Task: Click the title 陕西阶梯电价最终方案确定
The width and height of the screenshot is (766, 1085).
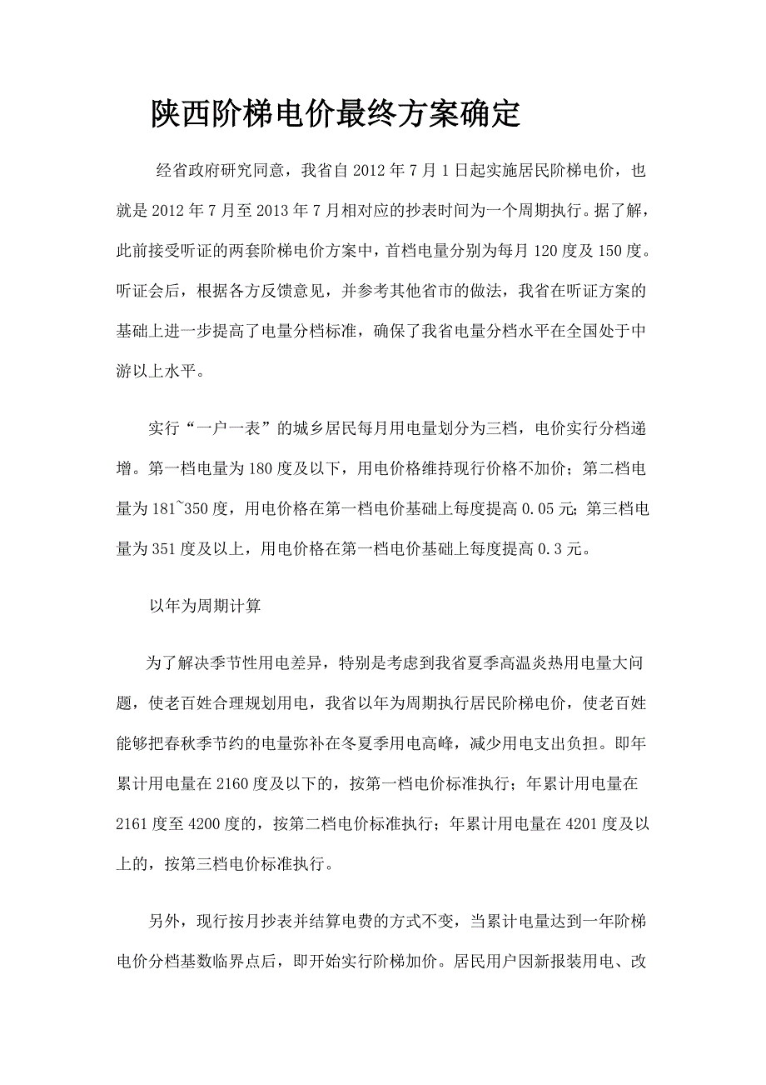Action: tap(335, 113)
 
